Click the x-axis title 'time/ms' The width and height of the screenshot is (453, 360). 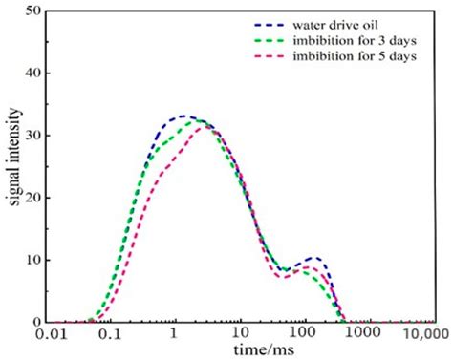coord(238,351)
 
